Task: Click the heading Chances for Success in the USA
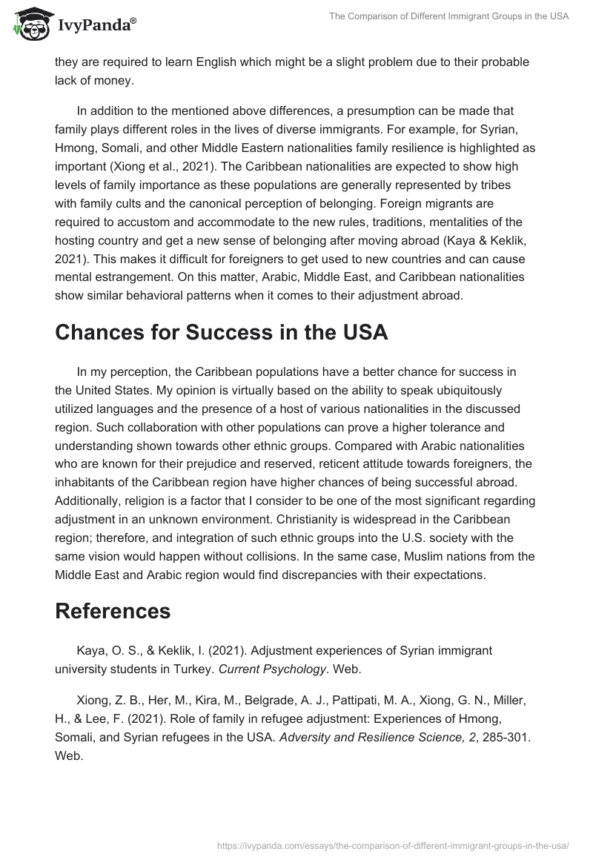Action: (221, 332)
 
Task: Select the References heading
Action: (113, 611)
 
